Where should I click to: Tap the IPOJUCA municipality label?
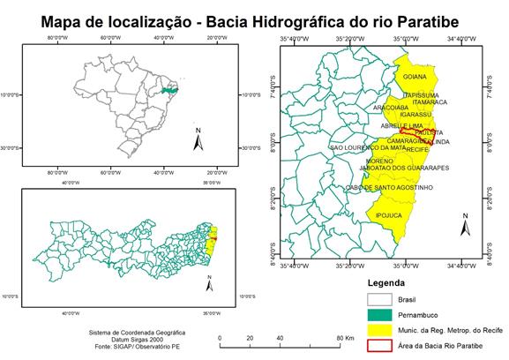point(388,214)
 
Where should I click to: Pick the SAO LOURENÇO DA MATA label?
point(368,147)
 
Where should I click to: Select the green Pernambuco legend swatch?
point(381,315)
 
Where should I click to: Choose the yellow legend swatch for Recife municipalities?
point(381,329)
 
